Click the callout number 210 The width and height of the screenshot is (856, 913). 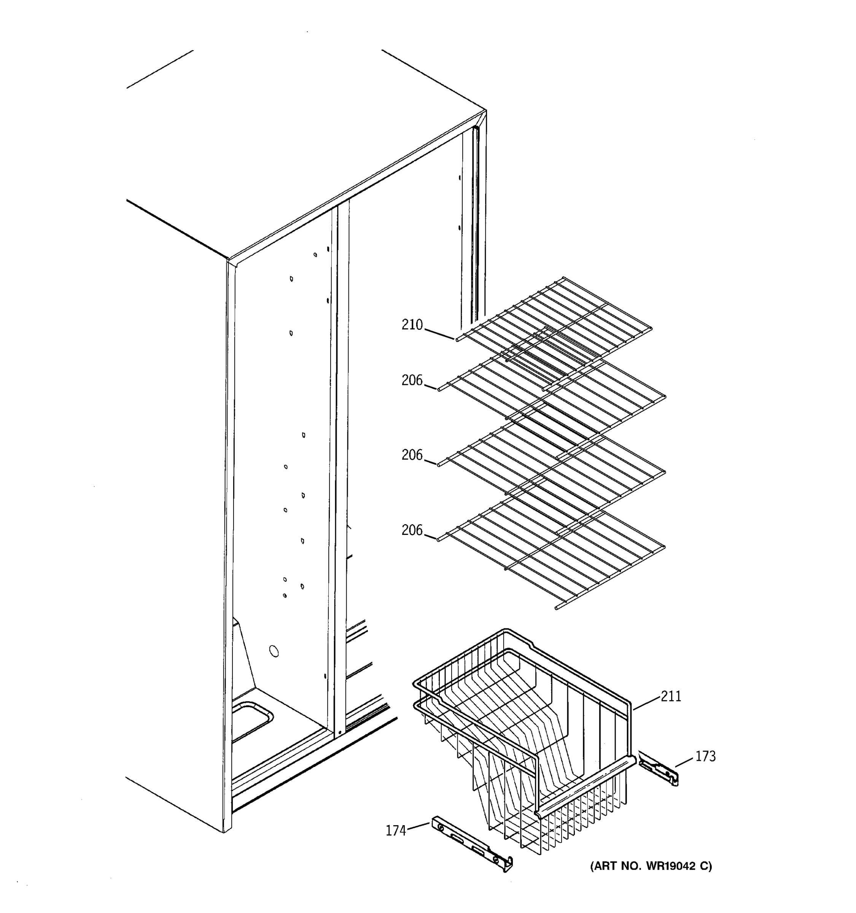click(x=412, y=325)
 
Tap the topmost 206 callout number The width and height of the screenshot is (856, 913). click(x=412, y=380)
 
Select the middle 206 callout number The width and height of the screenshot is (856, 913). click(x=412, y=455)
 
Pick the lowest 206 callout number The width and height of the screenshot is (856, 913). click(x=412, y=530)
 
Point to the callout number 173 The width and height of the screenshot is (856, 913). click(x=705, y=756)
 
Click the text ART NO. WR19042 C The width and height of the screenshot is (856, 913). click(x=651, y=866)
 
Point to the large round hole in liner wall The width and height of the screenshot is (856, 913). click(x=274, y=651)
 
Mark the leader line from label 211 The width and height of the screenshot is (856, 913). click(x=648, y=703)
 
